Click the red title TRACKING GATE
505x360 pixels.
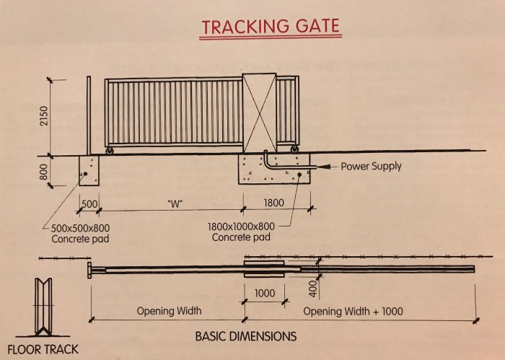coord(271,27)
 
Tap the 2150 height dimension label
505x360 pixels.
coord(44,116)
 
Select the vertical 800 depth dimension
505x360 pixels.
coord(44,172)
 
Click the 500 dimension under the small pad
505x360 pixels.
coord(89,204)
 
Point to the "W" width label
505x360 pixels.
coord(175,203)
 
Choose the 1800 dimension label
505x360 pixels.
coord(273,203)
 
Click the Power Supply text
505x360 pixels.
coord(371,167)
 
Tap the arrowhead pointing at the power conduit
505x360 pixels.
coord(325,167)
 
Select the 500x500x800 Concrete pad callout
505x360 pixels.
coord(80,234)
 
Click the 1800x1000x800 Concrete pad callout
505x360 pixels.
coord(241,232)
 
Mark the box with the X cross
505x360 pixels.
coord(259,113)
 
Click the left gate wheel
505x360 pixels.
coord(110,151)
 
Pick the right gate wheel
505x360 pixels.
coord(294,149)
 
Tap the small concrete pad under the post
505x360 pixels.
coord(89,171)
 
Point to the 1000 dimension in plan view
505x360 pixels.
coord(265,294)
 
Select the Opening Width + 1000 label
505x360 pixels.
coord(353,312)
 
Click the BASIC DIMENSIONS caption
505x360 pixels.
coord(246,336)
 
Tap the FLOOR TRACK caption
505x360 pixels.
coord(43,349)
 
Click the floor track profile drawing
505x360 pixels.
coord(43,307)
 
